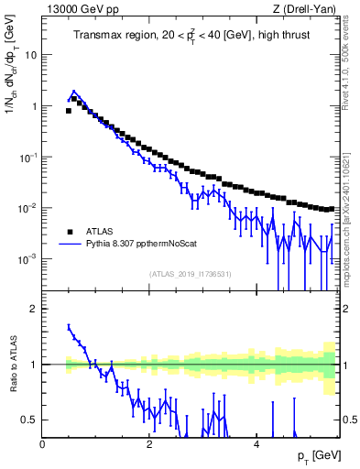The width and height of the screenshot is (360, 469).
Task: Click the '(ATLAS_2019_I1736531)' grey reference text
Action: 191,274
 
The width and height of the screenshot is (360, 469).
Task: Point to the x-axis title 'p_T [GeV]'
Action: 317,455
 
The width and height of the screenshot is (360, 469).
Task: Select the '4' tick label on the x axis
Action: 256,443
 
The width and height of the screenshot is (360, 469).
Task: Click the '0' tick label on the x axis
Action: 42,443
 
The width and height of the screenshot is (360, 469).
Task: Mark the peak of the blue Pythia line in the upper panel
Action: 73,92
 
